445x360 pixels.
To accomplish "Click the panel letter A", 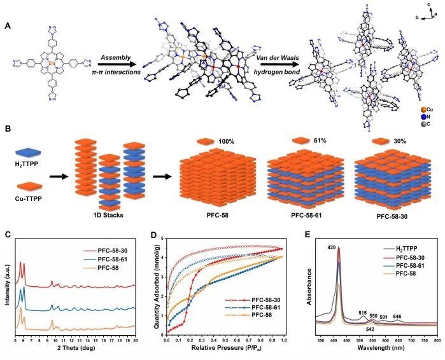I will coord(7,26).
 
